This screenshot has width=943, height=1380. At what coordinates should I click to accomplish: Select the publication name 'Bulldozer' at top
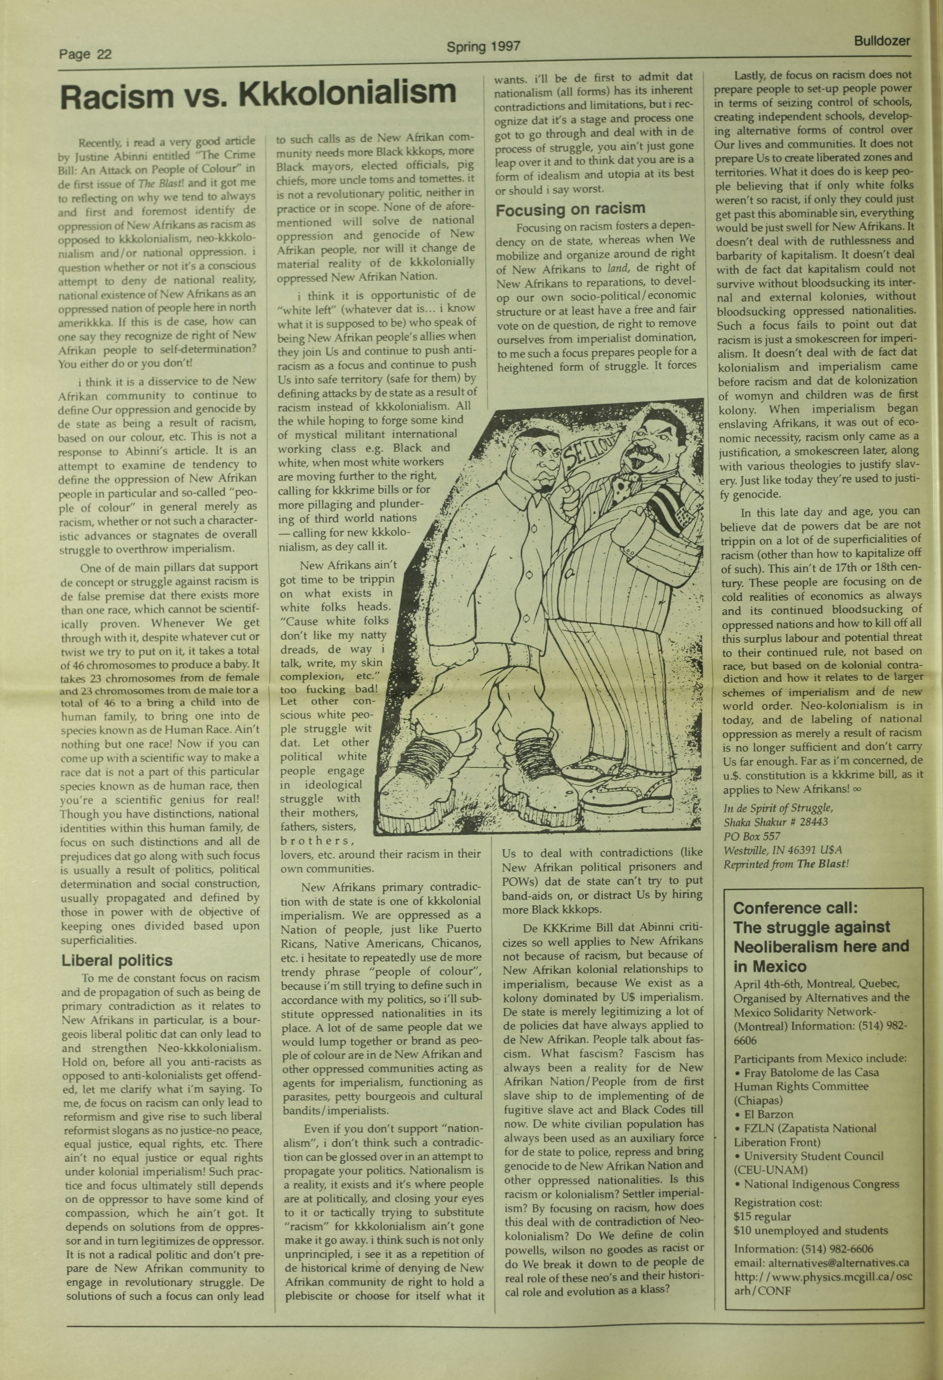point(882,41)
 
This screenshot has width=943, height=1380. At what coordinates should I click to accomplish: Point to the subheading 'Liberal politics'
point(117,960)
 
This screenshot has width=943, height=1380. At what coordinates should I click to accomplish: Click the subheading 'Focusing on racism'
point(570,209)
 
